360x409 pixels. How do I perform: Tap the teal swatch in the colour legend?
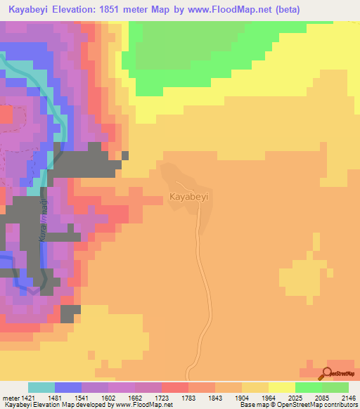click(x=41, y=387)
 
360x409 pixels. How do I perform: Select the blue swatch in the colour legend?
click(x=68, y=387)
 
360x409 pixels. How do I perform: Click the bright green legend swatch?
click(x=309, y=387)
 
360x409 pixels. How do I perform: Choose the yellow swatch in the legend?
click(x=282, y=387)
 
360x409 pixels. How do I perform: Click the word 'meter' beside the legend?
click(x=11, y=398)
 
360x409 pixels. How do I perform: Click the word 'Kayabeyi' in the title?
click(x=30, y=10)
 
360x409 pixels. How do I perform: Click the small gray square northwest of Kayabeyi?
click(x=125, y=156)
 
